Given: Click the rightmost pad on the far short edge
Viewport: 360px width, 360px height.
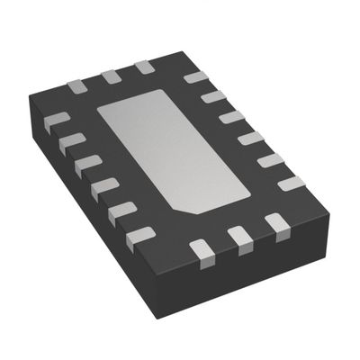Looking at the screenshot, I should (x=142, y=68).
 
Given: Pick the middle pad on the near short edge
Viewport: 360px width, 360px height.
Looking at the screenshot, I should (x=238, y=236).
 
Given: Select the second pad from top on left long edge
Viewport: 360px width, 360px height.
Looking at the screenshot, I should (x=69, y=140).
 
